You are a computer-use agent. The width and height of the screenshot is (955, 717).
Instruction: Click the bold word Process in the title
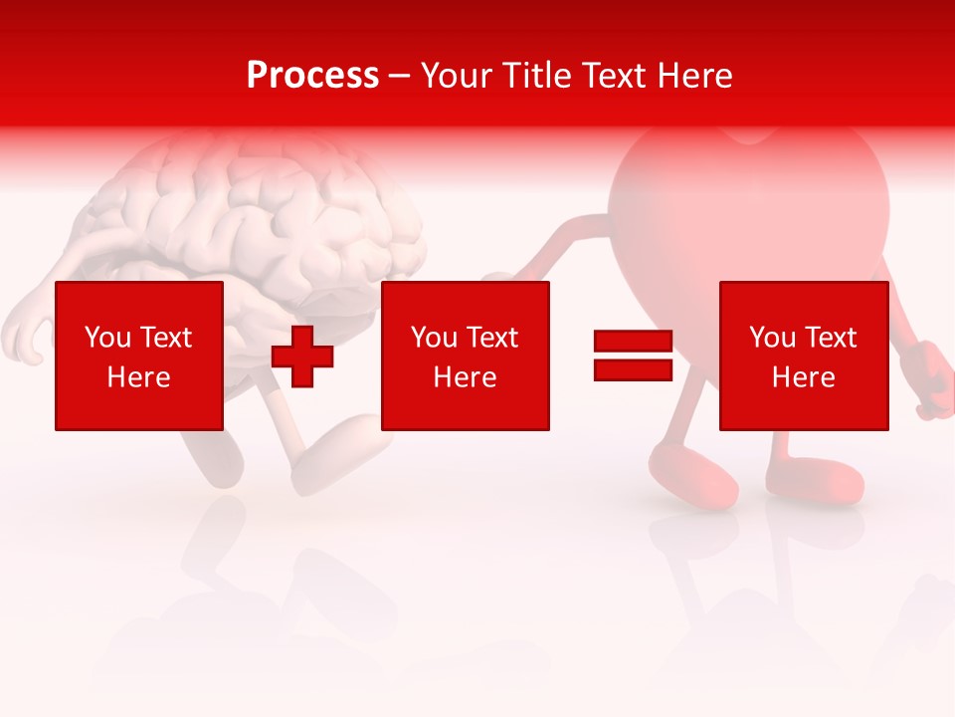[x=312, y=76]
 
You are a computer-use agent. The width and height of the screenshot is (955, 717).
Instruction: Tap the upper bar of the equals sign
[x=633, y=342]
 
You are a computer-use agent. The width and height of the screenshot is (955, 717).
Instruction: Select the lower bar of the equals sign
[x=633, y=369]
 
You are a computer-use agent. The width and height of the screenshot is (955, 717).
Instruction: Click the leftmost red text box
[x=139, y=356]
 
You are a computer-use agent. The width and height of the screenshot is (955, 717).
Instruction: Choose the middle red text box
[x=466, y=356]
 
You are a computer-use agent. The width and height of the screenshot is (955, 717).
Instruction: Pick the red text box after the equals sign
[x=804, y=356]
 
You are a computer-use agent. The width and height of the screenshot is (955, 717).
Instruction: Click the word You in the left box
[x=107, y=338]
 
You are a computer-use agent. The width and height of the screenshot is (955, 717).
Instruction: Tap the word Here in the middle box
[x=466, y=377]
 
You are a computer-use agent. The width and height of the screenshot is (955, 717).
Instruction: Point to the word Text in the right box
[x=831, y=338]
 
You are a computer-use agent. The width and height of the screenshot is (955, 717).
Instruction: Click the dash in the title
[x=400, y=76]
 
